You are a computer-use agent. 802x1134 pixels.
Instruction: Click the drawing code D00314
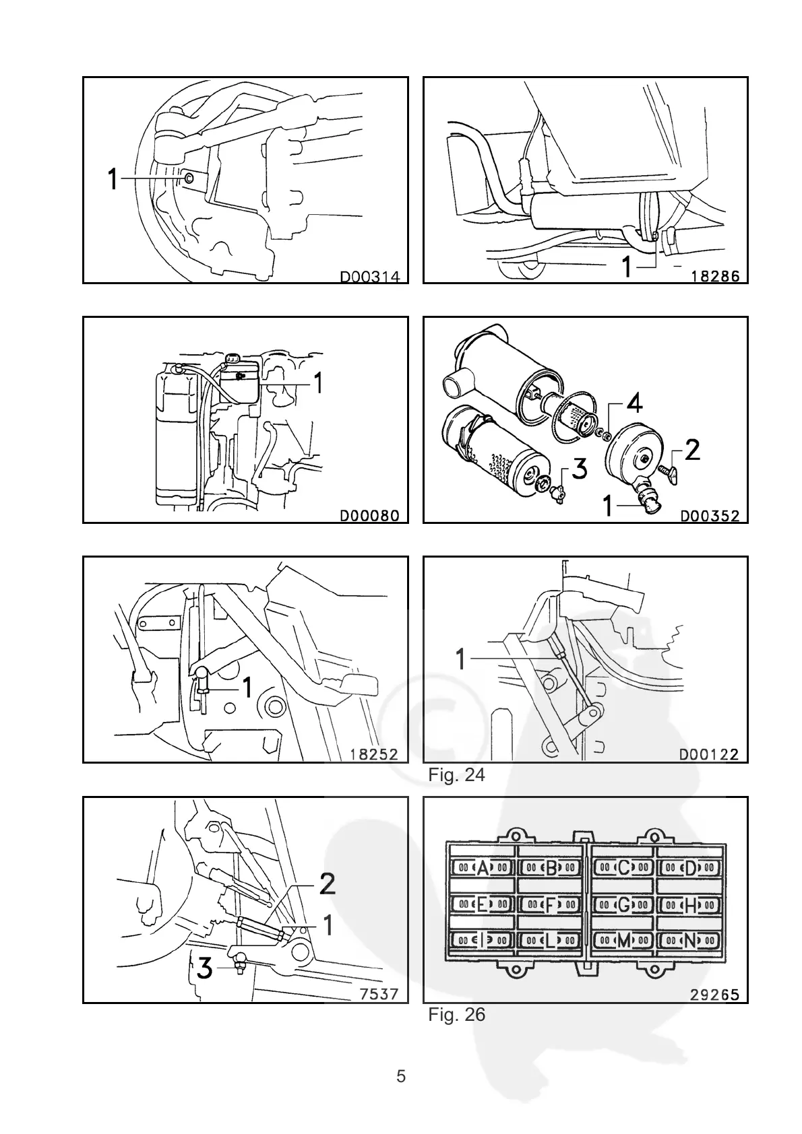[369, 276]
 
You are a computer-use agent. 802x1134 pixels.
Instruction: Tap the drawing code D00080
[369, 516]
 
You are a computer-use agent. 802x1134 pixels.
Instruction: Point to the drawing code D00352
[710, 516]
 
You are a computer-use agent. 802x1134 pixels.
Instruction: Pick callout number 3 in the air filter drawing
[580, 469]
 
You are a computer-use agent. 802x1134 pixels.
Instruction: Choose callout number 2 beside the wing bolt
[692, 451]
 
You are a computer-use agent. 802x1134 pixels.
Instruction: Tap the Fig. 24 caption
[456, 775]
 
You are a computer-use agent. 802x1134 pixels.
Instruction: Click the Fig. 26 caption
[456, 1014]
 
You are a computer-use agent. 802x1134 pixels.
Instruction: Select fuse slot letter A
[482, 868]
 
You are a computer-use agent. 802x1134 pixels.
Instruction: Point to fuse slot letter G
[623, 906]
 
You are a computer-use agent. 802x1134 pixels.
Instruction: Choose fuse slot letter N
[689, 941]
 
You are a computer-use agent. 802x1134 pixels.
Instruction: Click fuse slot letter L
[551, 941]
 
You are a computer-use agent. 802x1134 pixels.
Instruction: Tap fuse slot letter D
[689, 868]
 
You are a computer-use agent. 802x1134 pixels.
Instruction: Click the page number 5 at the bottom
[401, 1077]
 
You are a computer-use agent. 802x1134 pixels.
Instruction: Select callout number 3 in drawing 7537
[204, 970]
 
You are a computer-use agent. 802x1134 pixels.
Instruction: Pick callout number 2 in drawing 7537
[327, 884]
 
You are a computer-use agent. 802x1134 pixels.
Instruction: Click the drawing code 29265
[714, 995]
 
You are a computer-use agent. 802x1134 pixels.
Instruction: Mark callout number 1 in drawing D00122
[461, 659]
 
